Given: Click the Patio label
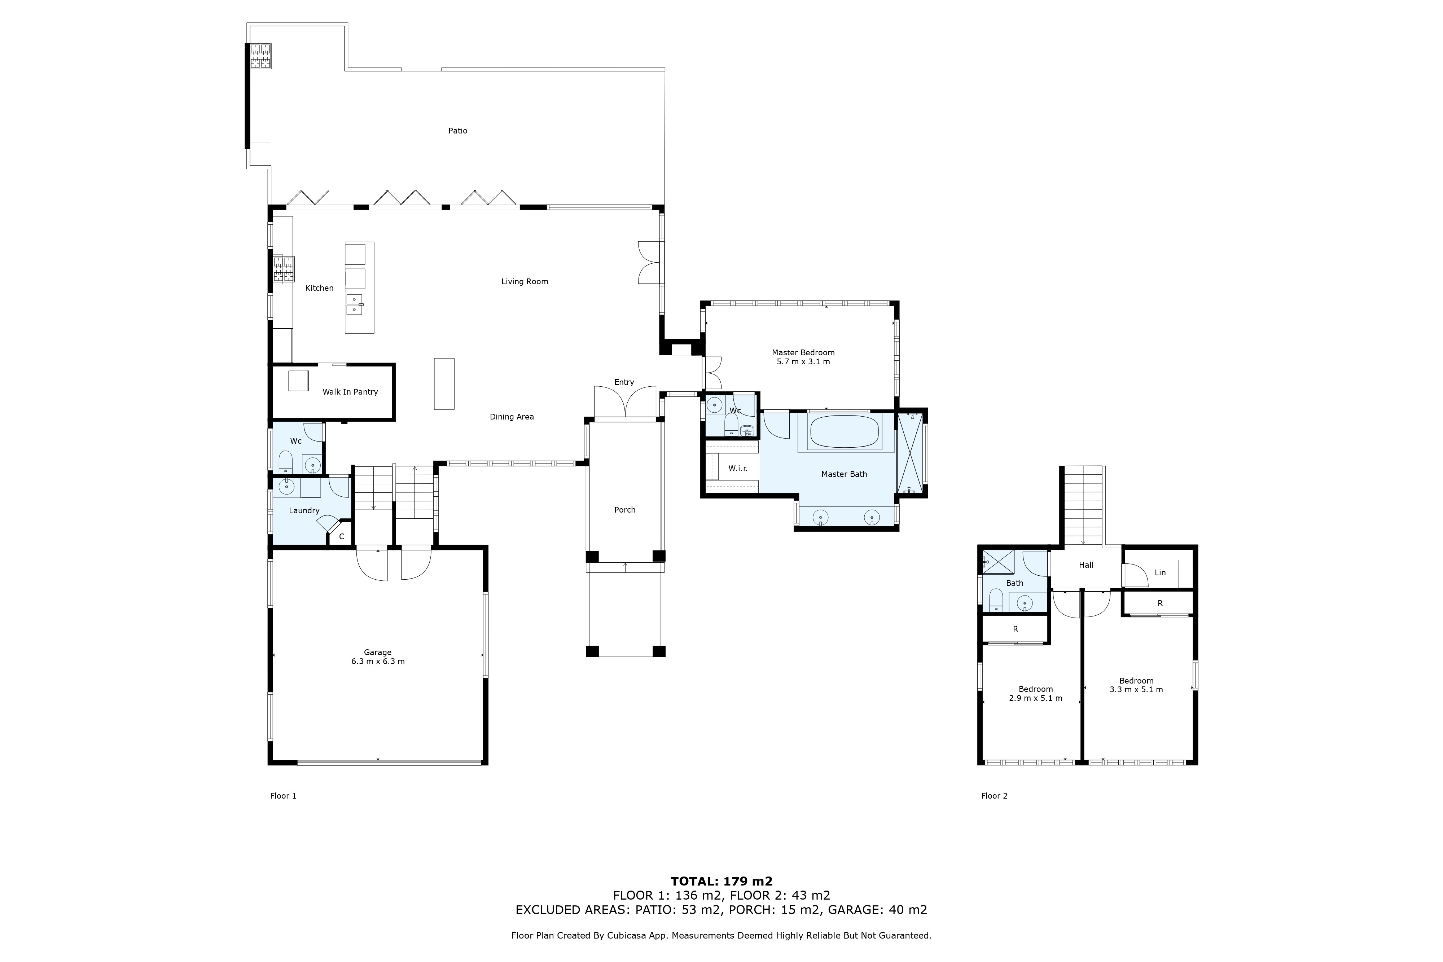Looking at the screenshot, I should click(458, 131).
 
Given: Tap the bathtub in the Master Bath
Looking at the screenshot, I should click(845, 432).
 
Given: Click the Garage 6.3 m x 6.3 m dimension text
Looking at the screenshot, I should click(378, 662).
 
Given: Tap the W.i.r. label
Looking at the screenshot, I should click(737, 468).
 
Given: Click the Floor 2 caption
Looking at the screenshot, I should click(994, 796).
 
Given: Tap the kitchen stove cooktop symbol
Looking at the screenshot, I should click(284, 269).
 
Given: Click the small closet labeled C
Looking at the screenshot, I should click(342, 536).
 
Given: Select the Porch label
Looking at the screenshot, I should click(624, 510).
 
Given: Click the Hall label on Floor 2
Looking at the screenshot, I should click(1086, 565).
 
